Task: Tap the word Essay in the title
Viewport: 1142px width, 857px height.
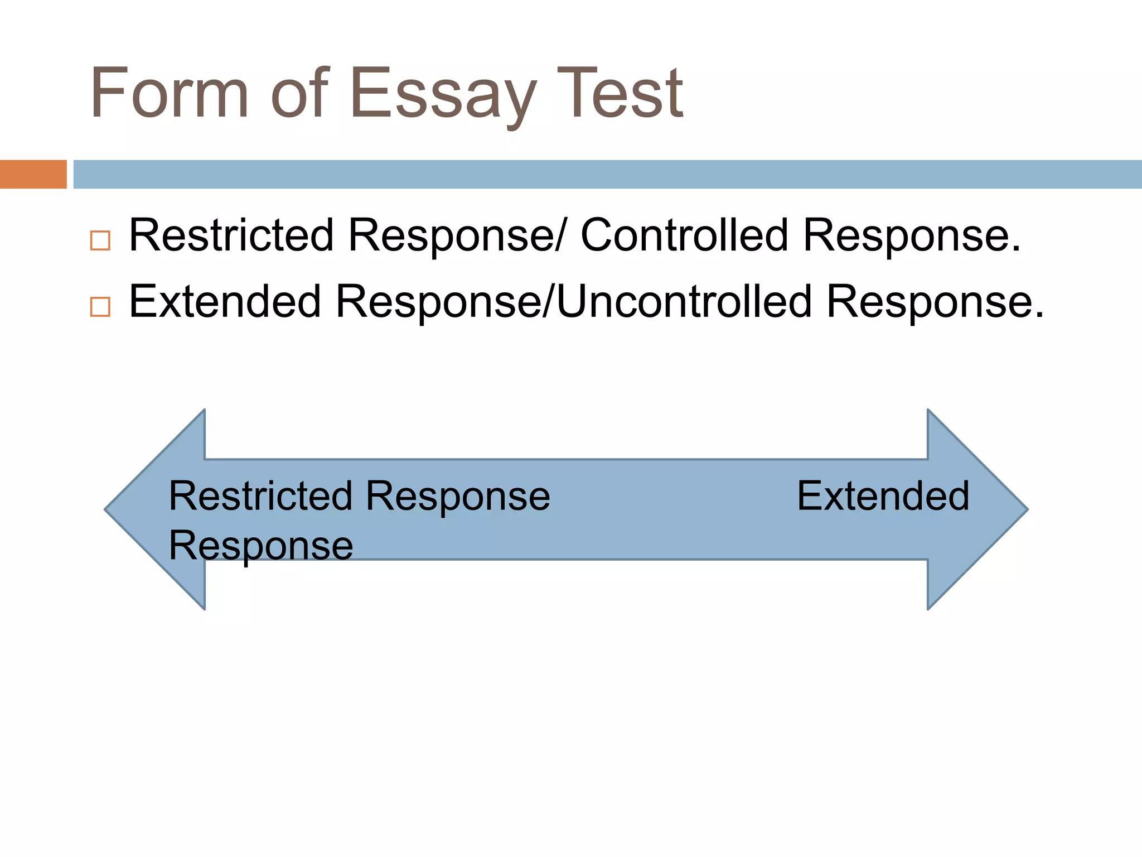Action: (443, 95)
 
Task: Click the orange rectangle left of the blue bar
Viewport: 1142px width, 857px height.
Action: (33, 174)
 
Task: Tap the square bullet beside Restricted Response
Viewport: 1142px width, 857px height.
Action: (100, 240)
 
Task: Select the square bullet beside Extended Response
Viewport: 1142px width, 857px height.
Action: (100, 307)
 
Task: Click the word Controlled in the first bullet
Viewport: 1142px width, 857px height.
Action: (685, 235)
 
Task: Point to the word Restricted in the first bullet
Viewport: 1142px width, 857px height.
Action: (231, 235)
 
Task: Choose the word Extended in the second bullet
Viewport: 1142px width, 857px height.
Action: (225, 301)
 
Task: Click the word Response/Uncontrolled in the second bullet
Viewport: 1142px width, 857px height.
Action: (574, 301)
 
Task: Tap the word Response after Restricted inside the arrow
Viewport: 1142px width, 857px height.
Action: (458, 497)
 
